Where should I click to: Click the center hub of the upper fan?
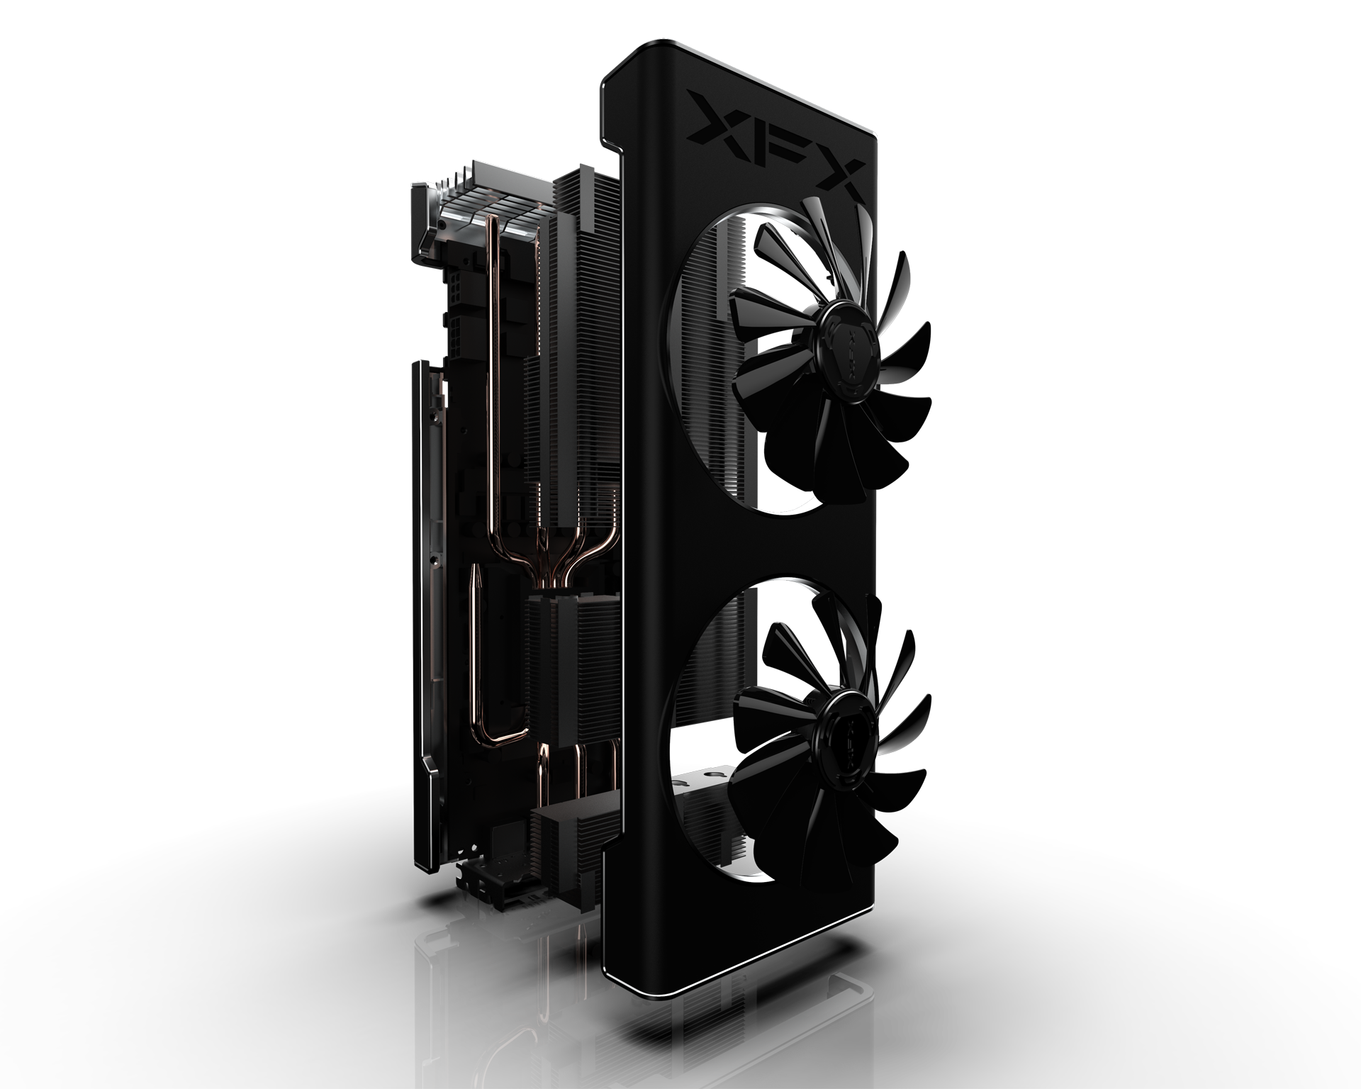(x=843, y=333)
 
